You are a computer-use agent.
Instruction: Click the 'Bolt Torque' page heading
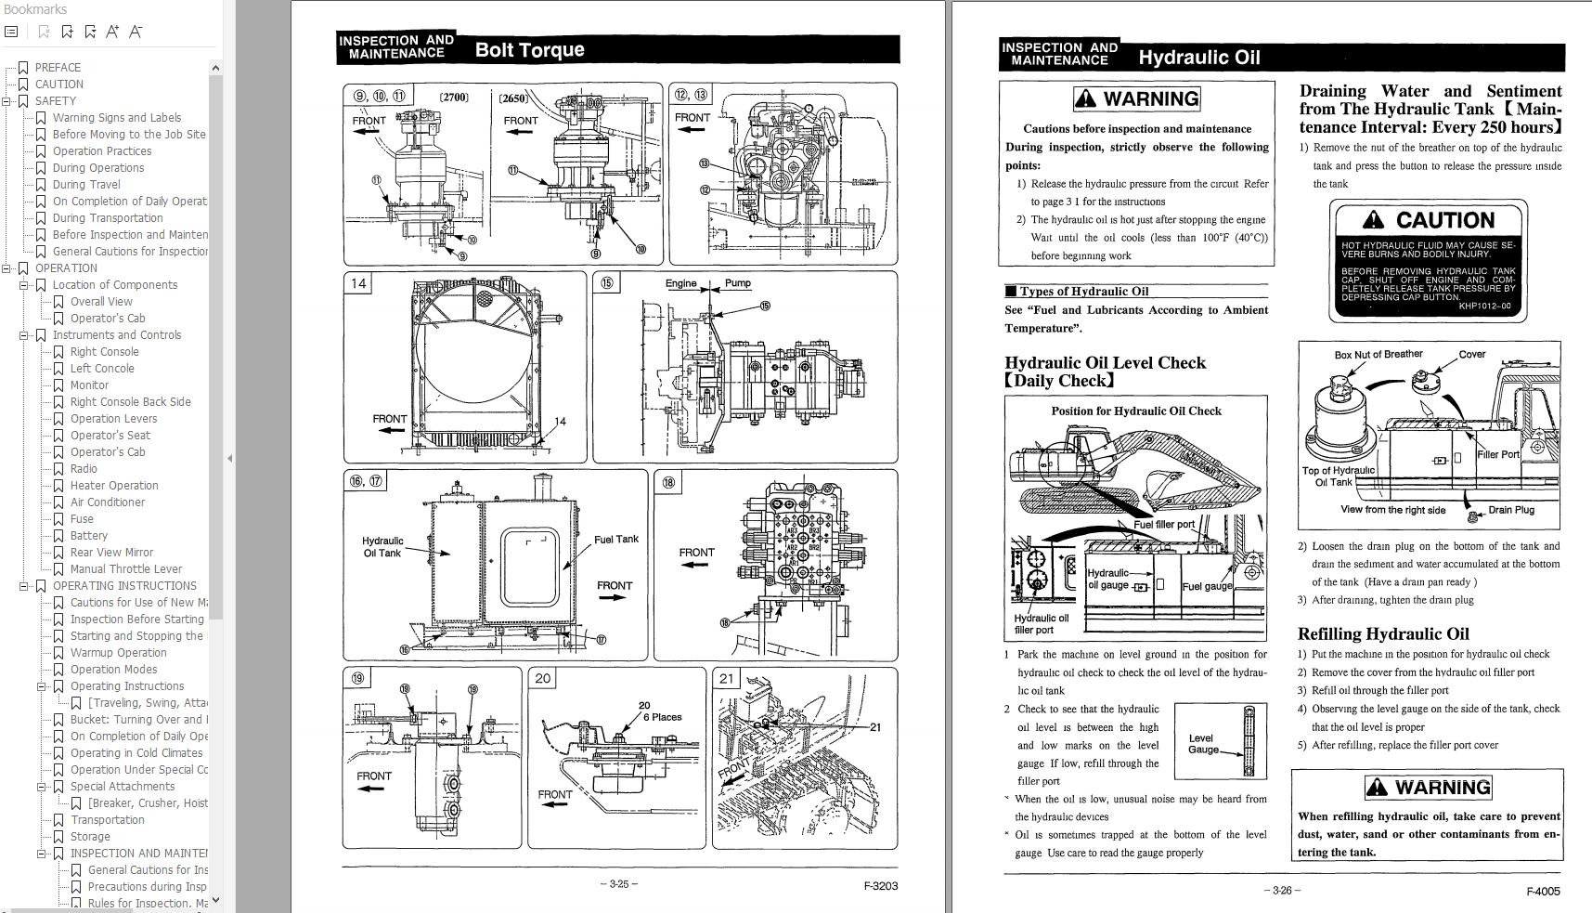pyautogui.click(x=529, y=50)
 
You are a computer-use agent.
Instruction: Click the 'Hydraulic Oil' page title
pyautogui.click(x=1198, y=58)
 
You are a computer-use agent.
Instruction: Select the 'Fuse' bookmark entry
pyautogui.click(x=82, y=519)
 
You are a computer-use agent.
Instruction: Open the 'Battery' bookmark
pyautogui.click(x=88, y=536)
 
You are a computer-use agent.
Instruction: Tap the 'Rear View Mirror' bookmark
pyautogui.click(x=111, y=553)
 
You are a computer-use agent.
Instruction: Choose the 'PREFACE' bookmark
pyautogui.click(x=58, y=68)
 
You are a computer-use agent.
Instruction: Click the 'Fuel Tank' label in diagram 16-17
pyautogui.click(x=615, y=540)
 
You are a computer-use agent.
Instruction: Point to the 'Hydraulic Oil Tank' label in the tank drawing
pyautogui.click(x=382, y=547)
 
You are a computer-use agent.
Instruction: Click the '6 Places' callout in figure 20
pyautogui.click(x=662, y=717)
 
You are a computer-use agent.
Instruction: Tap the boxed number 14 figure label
pyautogui.click(x=358, y=283)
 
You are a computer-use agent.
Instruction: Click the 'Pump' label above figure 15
pyautogui.click(x=738, y=283)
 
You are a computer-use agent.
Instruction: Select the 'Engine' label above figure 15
pyautogui.click(x=680, y=283)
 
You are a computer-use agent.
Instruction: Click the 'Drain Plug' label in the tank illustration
pyautogui.click(x=1510, y=510)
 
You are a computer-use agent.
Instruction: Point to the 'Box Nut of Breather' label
pyautogui.click(x=1378, y=355)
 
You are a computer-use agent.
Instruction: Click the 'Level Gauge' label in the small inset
pyautogui.click(x=1203, y=744)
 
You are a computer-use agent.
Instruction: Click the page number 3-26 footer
pyautogui.click(x=1281, y=890)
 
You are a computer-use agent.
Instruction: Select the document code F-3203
pyautogui.click(x=880, y=886)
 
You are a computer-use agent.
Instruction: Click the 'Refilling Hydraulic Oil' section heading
pyautogui.click(x=1382, y=634)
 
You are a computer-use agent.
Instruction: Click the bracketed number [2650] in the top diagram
pyautogui.click(x=512, y=98)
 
